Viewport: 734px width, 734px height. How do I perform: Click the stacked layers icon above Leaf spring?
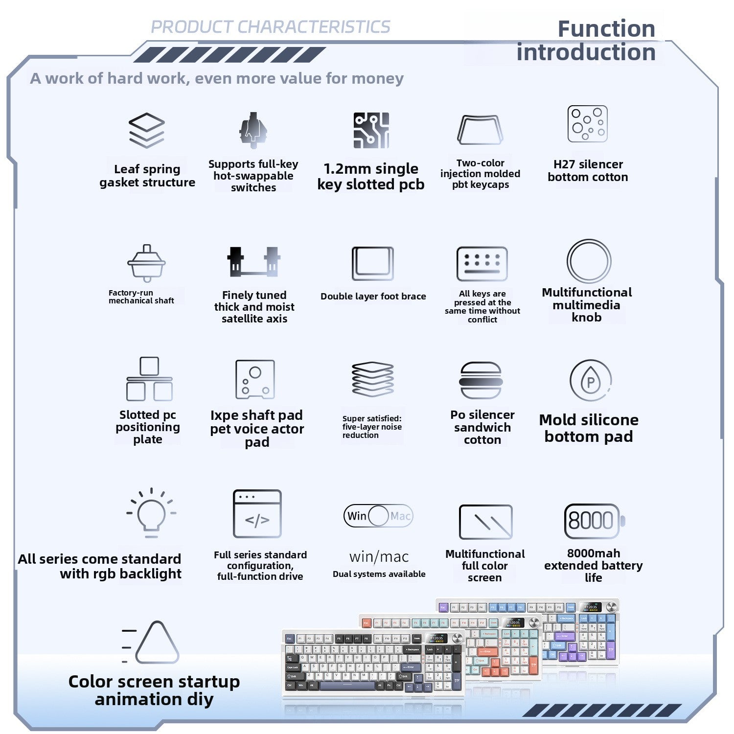pyautogui.click(x=147, y=130)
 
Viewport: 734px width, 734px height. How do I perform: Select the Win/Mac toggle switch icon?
pyautogui.click(x=378, y=516)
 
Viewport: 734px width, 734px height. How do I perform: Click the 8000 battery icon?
pyautogui.click(x=594, y=521)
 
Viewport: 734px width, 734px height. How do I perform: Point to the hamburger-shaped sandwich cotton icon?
pyautogui.click(x=481, y=380)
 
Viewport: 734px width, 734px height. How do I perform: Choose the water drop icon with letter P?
pyautogui.click(x=591, y=381)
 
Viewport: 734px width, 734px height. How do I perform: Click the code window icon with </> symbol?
pyautogui.click(x=257, y=514)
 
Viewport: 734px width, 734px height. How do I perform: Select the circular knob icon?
pyautogui.click(x=589, y=261)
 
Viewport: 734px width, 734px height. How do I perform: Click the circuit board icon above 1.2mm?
pyautogui.click(x=371, y=130)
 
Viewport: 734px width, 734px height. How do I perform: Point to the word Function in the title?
pyautogui.click(x=606, y=29)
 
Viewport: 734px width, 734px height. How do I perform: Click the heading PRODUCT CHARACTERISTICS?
pyautogui.click(x=271, y=27)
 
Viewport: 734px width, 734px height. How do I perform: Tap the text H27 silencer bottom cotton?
pyautogui.click(x=588, y=171)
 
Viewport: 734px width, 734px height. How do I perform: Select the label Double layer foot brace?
pyautogui.click(x=373, y=296)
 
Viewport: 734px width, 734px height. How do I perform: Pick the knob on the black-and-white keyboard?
pyautogui.click(x=458, y=638)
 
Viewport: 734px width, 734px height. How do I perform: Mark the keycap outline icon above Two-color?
pyautogui.click(x=480, y=130)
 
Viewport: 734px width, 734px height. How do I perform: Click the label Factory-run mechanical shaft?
pyautogui.click(x=141, y=297)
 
